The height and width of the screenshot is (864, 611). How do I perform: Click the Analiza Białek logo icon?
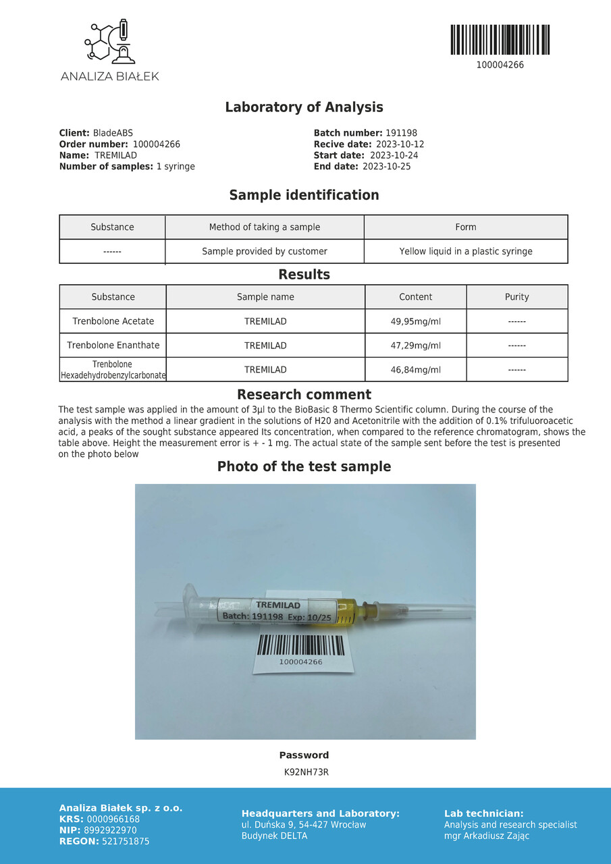(110, 42)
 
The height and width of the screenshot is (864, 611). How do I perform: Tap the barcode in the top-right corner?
(500, 40)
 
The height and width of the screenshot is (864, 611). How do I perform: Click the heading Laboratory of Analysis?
(304, 107)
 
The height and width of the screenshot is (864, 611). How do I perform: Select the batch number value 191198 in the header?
(401, 133)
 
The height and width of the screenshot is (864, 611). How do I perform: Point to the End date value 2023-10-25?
(386, 166)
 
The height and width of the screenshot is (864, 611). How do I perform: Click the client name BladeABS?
(113, 133)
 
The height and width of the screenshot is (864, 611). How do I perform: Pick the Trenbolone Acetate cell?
(113, 321)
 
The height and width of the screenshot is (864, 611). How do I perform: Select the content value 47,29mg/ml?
(415, 346)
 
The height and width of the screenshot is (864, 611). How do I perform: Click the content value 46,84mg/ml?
(415, 370)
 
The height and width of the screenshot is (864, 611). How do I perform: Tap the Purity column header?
(516, 297)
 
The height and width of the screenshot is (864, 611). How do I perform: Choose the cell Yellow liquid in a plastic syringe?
(465, 251)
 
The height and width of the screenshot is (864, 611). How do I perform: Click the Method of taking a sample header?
(264, 227)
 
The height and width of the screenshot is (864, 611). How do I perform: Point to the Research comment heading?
(304, 395)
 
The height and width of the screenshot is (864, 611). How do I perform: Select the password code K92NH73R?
(306, 772)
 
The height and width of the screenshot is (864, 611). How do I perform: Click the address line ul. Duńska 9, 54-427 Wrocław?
(304, 825)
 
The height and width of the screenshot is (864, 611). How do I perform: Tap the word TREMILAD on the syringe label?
(278, 605)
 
